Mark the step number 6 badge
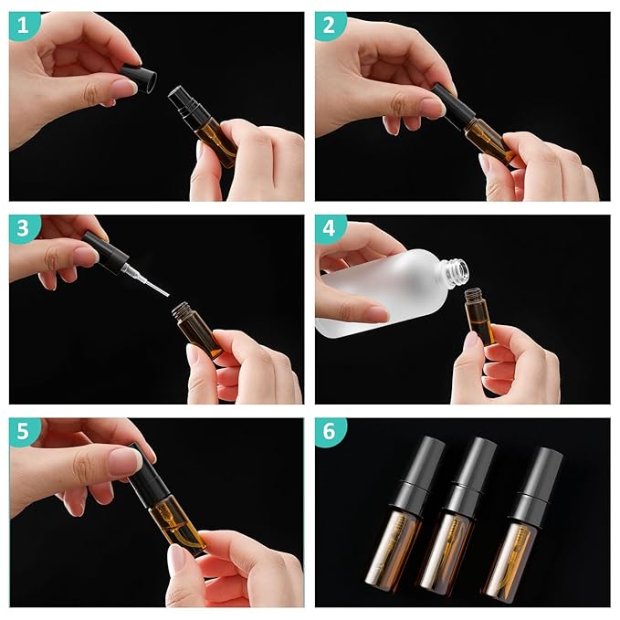(329, 432)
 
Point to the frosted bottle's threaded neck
(456, 268)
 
